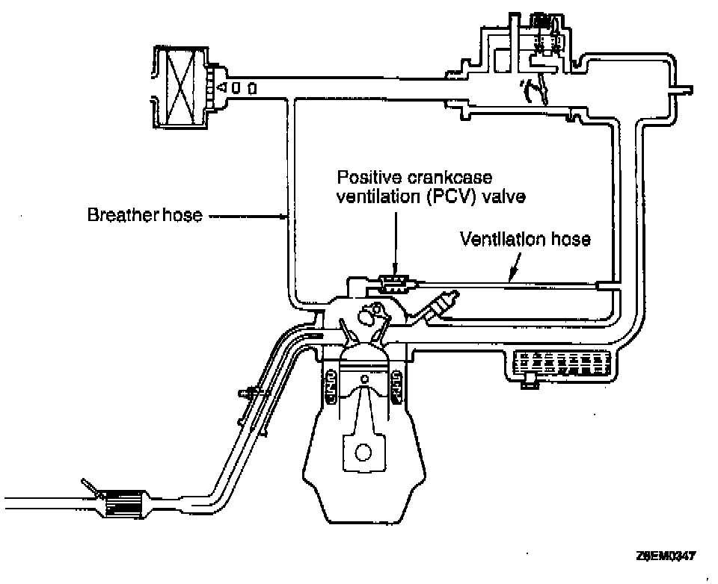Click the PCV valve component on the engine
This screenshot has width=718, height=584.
coord(393,282)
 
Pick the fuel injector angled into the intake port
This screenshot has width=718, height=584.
coord(441,305)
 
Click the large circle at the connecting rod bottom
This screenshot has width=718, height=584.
coord(363,453)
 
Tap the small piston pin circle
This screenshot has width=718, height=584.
coord(363,379)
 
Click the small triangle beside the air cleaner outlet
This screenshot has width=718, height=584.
coord(221,88)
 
